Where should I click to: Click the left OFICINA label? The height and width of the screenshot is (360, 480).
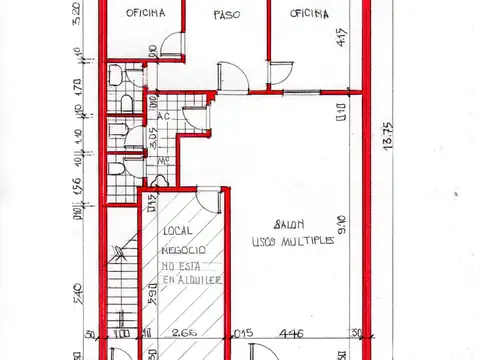point(146,13)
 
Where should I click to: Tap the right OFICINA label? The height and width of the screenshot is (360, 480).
point(309,13)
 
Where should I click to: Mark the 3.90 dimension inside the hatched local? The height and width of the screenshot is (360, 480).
point(152,296)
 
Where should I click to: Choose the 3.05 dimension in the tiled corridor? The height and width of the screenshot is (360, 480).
point(153,137)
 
